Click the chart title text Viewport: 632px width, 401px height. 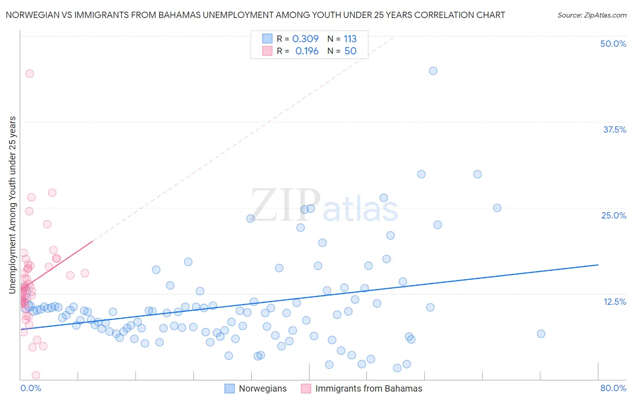click(x=255, y=15)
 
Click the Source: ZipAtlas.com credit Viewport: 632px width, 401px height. click(x=592, y=15)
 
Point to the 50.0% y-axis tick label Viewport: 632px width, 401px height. click(x=613, y=44)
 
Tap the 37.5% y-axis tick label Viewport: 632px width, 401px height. click(x=614, y=129)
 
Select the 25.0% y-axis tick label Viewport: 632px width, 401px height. click(x=614, y=215)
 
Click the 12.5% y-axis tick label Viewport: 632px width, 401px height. click(x=614, y=302)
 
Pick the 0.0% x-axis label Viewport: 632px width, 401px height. click(x=31, y=388)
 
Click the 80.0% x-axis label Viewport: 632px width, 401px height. click(x=613, y=388)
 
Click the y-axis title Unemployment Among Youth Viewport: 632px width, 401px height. click(x=12, y=205)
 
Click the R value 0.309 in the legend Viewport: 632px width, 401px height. click(x=305, y=39)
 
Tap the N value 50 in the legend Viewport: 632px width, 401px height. click(x=350, y=51)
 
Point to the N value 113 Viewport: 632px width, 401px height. click(x=350, y=39)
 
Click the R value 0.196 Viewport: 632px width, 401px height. click(x=307, y=51)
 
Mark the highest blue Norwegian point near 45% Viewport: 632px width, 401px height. click(x=433, y=71)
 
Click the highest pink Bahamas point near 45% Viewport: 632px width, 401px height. click(x=30, y=74)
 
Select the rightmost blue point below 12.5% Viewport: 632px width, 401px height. click(x=541, y=334)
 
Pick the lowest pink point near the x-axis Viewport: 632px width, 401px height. click(x=36, y=375)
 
